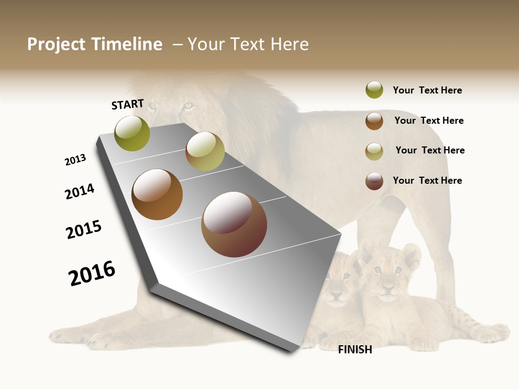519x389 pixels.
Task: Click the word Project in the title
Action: [56, 44]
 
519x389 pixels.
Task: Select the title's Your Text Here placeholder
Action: [248, 44]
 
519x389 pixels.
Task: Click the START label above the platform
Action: [128, 104]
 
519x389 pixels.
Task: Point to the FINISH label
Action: [355, 350]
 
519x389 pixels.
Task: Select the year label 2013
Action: [75, 160]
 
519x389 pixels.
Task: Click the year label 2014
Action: [79, 191]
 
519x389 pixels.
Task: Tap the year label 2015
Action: [84, 230]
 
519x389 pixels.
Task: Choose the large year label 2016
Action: [92, 273]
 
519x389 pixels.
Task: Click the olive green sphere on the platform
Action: [132, 133]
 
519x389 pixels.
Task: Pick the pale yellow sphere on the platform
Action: [205, 151]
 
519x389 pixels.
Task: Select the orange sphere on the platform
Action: [157, 194]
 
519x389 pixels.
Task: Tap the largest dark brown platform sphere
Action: [234, 225]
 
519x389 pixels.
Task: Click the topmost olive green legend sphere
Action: [374, 90]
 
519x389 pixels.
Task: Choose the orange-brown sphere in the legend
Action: [374, 121]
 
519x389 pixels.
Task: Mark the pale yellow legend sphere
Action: [374, 151]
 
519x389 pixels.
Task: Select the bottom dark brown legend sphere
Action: [374, 181]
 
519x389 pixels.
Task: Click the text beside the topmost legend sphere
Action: [427, 90]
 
